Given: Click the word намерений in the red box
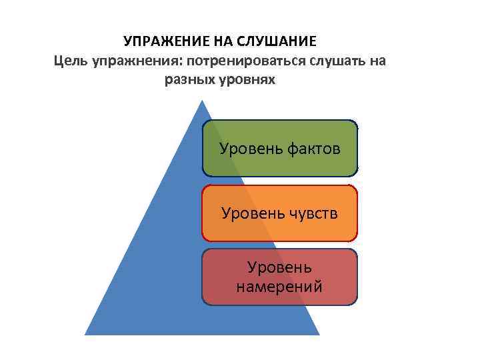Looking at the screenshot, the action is pyautogui.click(x=279, y=287).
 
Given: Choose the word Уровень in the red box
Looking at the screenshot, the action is pyautogui.click(x=279, y=267).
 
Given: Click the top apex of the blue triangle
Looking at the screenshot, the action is pyautogui.click(x=201, y=101).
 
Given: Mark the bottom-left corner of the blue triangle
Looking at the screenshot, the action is pyautogui.click(x=86, y=334).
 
